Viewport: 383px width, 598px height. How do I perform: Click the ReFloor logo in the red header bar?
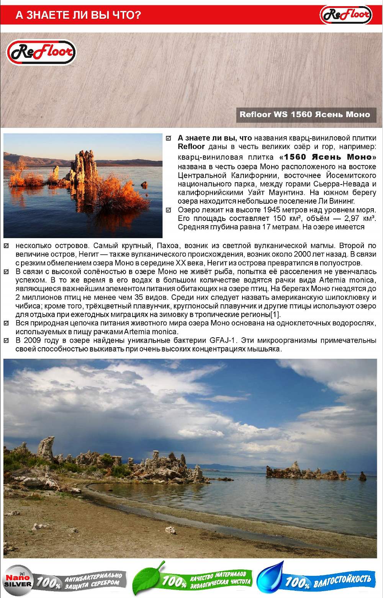tap(345, 15)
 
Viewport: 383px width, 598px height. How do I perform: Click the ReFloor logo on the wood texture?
tap(41, 52)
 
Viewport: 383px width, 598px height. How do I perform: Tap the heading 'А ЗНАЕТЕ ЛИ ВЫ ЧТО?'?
tap(78, 15)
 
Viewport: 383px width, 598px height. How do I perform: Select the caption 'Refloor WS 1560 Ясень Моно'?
tap(305, 114)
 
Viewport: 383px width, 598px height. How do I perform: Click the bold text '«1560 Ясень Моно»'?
tap(328, 157)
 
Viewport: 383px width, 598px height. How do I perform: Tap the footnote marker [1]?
tap(275, 315)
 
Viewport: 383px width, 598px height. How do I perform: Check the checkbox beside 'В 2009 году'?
tap(6, 340)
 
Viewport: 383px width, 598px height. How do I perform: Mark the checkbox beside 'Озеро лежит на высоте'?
tap(169, 210)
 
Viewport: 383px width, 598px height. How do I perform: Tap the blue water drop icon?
tap(271, 578)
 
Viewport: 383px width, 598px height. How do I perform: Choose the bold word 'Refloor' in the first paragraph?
tap(191, 147)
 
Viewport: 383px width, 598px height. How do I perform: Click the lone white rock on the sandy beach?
tap(170, 530)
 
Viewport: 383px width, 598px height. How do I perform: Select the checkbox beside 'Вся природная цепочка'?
tap(6, 323)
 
